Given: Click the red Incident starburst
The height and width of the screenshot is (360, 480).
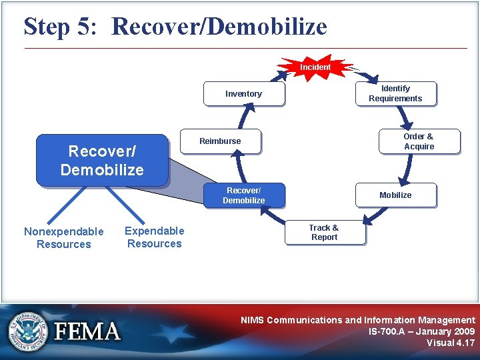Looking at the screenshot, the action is point(315,67).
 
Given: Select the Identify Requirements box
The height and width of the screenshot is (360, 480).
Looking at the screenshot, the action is point(395,93).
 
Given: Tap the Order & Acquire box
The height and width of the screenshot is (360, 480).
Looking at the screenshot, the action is point(419,141).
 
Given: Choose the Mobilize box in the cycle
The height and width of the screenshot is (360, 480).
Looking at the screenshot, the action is point(395,195).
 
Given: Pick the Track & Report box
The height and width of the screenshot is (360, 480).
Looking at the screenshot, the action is point(324,233).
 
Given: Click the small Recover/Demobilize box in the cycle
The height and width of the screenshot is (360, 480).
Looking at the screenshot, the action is point(244,195).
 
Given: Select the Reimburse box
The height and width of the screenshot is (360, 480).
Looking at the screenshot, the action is point(221,141).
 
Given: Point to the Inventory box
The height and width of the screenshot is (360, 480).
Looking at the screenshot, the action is point(244,94).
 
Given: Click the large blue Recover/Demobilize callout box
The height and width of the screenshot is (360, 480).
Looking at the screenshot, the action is point(102,161).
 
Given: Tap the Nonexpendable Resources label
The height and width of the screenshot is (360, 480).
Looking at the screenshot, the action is point(64,238).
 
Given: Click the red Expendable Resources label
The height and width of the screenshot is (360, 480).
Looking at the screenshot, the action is point(155,237).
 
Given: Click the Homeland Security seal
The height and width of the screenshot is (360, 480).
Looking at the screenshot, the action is point(29,331).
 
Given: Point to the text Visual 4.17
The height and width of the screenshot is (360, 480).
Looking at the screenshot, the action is point(451,343).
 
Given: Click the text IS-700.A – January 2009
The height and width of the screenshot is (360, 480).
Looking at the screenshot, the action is point(421,331).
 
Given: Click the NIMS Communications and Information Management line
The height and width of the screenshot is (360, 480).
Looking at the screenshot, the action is point(358,320).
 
